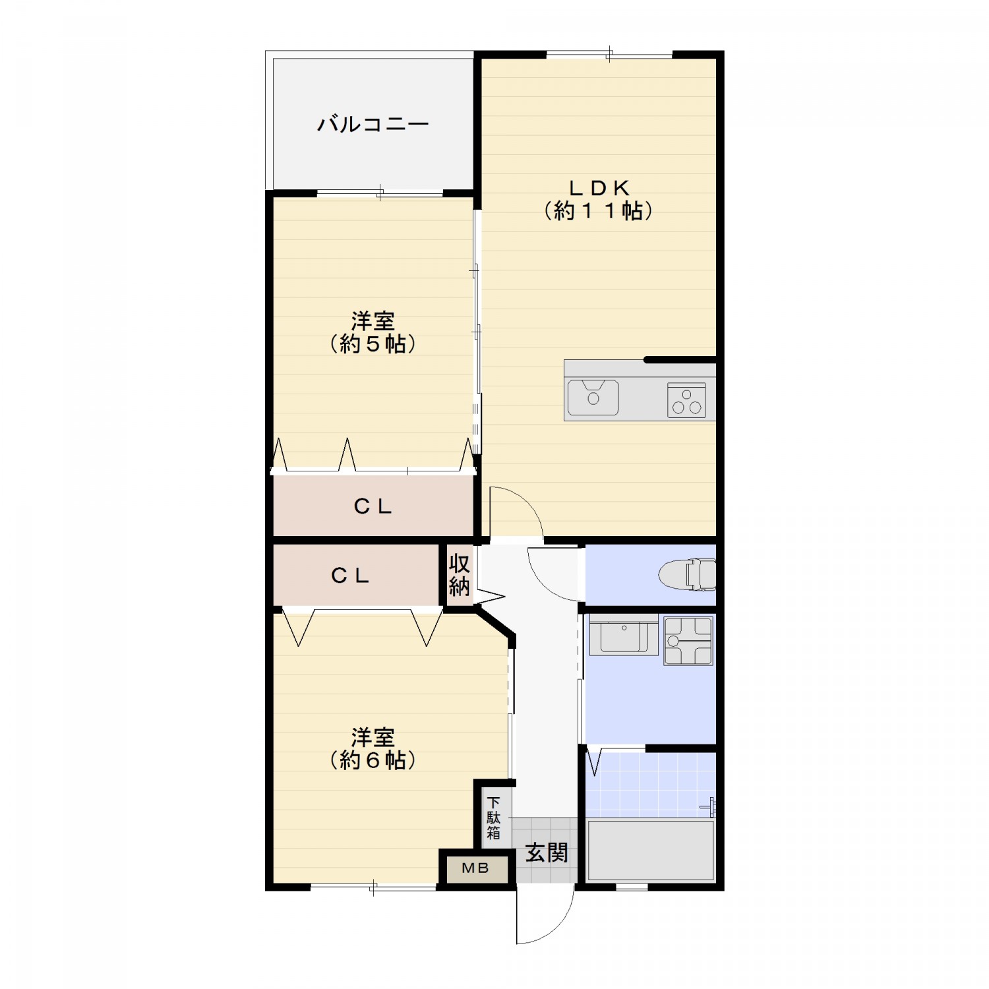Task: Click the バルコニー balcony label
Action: (x=373, y=124)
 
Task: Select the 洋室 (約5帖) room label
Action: (x=373, y=332)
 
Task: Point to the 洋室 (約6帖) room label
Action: (x=373, y=748)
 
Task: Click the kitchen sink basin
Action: (x=593, y=397)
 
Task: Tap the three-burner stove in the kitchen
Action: (x=686, y=400)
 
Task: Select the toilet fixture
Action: (x=687, y=574)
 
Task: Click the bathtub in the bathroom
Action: (x=651, y=850)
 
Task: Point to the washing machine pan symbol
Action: (x=688, y=640)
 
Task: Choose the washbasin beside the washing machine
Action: (x=624, y=635)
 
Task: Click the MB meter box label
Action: (x=475, y=868)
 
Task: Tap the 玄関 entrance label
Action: (x=547, y=853)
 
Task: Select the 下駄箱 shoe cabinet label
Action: (x=494, y=818)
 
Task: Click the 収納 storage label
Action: (x=459, y=574)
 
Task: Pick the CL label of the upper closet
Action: (x=373, y=506)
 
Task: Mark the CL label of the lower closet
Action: (x=350, y=576)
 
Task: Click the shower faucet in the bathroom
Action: (x=709, y=806)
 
